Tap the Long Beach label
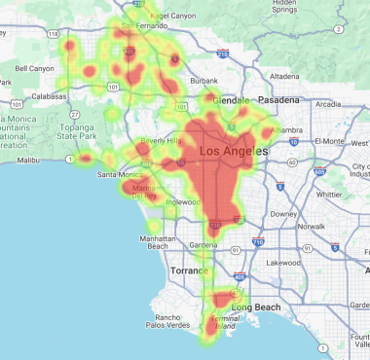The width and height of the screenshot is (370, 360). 256,280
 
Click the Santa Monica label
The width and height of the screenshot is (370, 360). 118,174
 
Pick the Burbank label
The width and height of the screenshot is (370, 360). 204,80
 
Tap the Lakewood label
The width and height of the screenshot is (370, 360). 284,262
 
